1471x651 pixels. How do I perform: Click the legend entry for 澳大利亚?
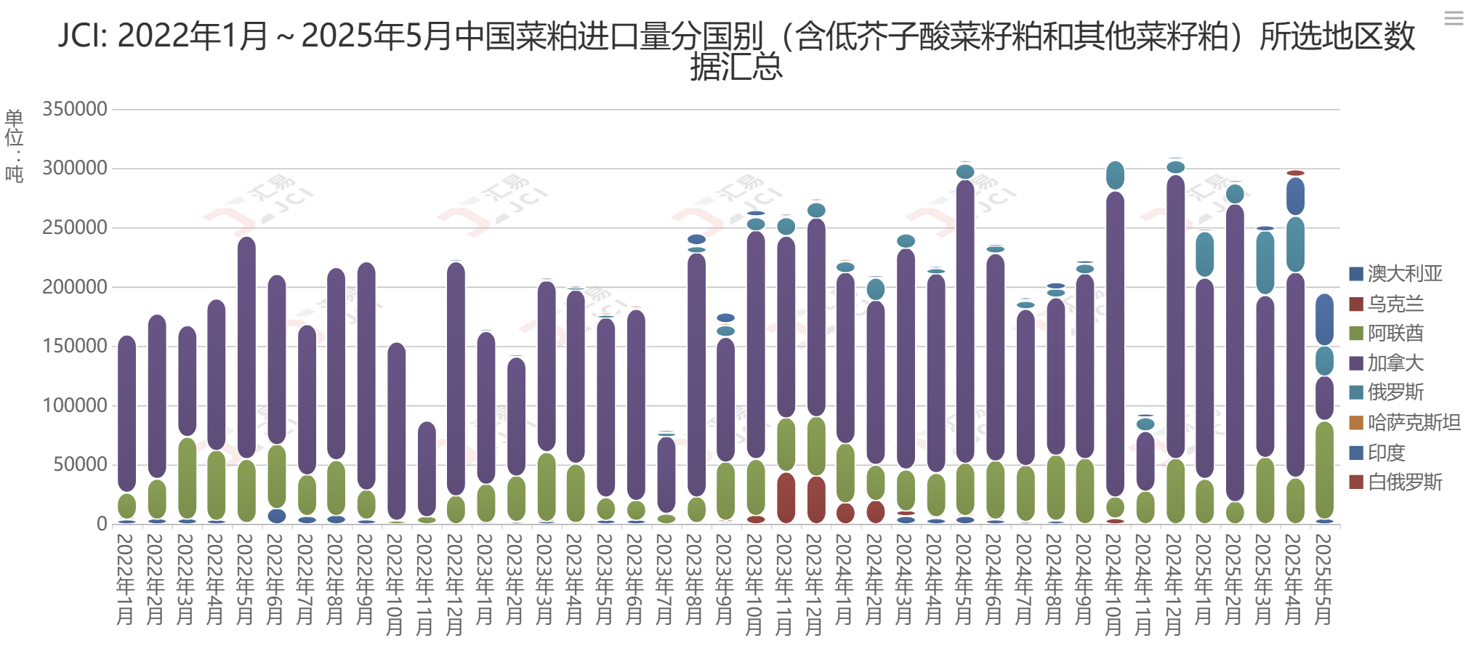point(1403,274)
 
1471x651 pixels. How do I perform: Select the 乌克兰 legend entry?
point(1394,304)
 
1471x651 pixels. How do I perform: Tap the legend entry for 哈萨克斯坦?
point(1412,423)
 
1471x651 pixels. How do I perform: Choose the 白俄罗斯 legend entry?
point(1403,482)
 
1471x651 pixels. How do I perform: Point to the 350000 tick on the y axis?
point(75,109)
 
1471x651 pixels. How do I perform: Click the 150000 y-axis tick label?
point(75,346)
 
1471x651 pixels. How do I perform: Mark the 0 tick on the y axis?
point(102,524)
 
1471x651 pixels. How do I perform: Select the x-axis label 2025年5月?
point(1325,579)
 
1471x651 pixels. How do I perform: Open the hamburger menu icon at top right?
point(1454,18)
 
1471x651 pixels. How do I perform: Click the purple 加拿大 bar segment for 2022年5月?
point(246,347)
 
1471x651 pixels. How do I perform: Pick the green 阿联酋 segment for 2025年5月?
point(1325,469)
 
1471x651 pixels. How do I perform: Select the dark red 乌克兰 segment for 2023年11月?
point(786,498)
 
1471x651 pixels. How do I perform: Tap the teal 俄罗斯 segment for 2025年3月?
point(1265,262)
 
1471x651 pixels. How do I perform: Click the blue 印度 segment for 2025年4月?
point(1295,196)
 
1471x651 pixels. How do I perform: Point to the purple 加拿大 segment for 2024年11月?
point(1145,461)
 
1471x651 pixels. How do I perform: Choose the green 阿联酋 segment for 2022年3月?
point(187,477)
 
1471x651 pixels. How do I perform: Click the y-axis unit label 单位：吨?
point(14,145)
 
